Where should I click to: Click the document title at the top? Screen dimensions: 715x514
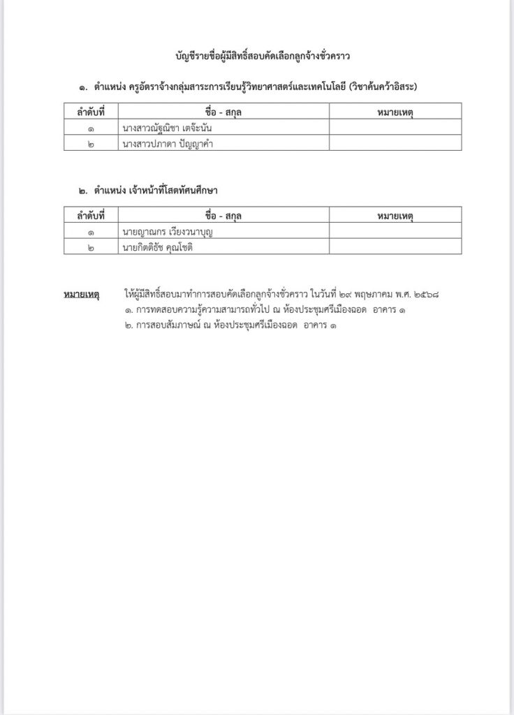263,53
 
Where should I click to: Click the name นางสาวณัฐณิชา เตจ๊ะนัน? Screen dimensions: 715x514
166,128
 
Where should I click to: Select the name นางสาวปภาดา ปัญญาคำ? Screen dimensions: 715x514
167,143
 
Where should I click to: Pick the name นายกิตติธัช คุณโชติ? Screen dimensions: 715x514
156,246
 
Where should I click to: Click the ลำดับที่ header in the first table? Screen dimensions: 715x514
83,112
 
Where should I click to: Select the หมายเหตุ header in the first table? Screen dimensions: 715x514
395,112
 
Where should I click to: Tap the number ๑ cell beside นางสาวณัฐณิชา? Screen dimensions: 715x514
83,128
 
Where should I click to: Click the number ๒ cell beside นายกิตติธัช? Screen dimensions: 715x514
83,246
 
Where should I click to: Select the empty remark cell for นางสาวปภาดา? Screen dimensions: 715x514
395,143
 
